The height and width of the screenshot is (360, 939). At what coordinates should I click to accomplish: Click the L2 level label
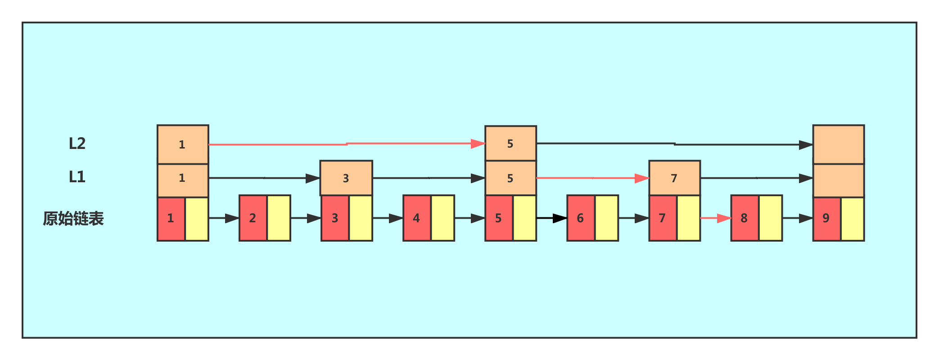click(x=77, y=144)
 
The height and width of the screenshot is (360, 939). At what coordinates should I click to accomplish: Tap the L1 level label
click(x=77, y=177)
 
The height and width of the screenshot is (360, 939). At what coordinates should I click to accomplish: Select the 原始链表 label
click(x=73, y=219)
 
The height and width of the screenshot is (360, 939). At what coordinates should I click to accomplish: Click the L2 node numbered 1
click(x=183, y=144)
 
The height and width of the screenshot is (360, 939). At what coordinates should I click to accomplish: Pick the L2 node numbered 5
click(x=510, y=144)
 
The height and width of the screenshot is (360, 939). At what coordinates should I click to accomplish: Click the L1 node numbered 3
click(x=346, y=178)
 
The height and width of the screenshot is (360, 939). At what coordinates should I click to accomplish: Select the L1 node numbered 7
click(x=674, y=178)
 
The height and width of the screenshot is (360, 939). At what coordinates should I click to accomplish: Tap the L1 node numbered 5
click(x=510, y=178)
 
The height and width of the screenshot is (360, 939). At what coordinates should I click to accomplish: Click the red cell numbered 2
click(x=253, y=218)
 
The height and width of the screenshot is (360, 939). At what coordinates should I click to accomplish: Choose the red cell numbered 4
click(x=417, y=218)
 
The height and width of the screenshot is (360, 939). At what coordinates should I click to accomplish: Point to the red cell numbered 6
click(x=581, y=218)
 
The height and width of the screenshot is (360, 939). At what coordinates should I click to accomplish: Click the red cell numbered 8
click(x=745, y=218)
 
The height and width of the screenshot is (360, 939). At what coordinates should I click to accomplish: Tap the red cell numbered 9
click(x=826, y=218)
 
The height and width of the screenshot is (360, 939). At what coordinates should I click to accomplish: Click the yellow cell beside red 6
click(x=606, y=218)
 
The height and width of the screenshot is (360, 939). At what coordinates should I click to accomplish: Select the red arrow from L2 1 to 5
click(x=347, y=144)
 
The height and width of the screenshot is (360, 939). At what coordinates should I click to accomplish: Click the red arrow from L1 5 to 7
click(x=592, y=178)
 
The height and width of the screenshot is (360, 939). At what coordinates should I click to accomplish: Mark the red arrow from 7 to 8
click(x=716, y=218)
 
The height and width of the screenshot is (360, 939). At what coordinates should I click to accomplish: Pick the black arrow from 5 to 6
click(x=551, y=218)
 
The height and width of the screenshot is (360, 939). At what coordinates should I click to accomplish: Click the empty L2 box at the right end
click(x=838, y=144)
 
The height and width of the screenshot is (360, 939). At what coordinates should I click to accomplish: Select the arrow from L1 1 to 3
click(x=264, y=178)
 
